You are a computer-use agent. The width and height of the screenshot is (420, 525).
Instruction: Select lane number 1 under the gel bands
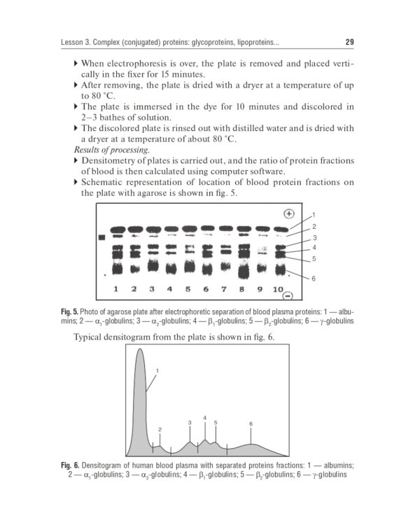tap(115, 289)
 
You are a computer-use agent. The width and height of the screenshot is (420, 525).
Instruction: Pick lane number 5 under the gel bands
tap(188, 289)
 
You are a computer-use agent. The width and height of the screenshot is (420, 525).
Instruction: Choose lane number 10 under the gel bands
tap(279, 289)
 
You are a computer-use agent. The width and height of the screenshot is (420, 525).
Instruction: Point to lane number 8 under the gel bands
tap(242, 289)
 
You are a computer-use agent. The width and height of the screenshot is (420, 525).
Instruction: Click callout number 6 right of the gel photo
tap(314, 279)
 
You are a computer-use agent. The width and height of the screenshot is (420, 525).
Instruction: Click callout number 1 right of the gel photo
tap(314, 214)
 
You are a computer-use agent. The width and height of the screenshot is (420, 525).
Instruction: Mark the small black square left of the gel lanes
tap(101, 238)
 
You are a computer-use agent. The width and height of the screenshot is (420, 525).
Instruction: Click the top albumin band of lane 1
tap(116, 230)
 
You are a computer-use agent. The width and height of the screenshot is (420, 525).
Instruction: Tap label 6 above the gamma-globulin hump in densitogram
tap(251, 423)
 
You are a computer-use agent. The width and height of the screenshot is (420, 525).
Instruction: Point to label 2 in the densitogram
tap(160, 429)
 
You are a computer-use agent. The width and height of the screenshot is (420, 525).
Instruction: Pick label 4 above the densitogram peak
tap(204, 418)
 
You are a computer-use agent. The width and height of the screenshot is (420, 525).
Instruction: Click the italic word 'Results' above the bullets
tap(87, 150)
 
